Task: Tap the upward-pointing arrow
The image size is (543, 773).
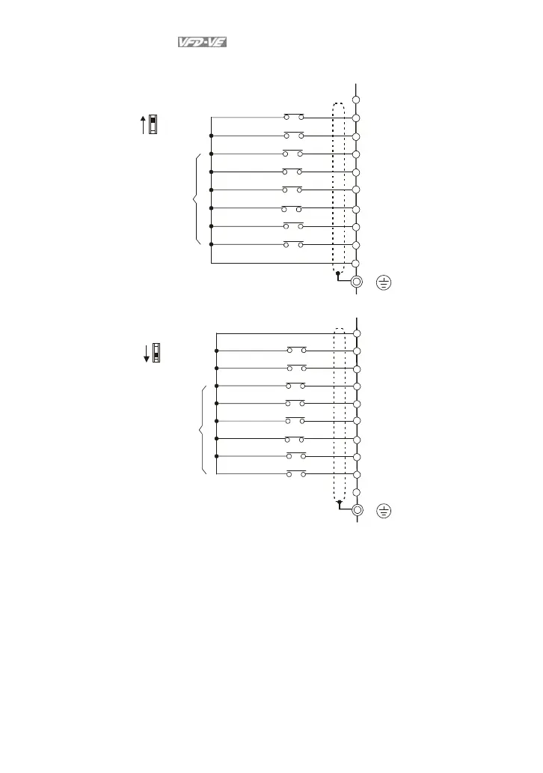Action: click(143, 124)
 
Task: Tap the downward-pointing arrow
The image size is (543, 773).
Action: click(147, 353)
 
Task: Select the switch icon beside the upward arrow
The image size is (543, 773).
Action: click(153, 124)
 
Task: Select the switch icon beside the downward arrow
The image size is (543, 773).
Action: click(157, 352)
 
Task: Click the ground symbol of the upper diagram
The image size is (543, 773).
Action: click(384, 282)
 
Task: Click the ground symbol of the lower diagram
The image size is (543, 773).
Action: click(384, 511)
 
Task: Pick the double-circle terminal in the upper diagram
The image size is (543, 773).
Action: click(357, 282)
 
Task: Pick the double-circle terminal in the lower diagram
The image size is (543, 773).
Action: click(358, 510)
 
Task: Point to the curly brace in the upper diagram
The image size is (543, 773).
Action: click(196, 198)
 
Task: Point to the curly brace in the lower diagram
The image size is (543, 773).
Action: click(202, 429)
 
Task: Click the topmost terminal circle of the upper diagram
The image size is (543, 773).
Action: click(357, 100)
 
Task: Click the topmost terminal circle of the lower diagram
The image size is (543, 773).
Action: click(358, 333)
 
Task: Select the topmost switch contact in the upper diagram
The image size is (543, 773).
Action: click(294, 118)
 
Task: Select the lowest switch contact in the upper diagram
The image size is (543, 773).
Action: click(293, 245)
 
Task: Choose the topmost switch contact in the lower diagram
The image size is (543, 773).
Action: click(297, 350)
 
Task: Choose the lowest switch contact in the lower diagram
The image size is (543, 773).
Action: click(296, 474)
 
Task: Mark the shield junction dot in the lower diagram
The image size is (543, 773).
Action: click(339, 503)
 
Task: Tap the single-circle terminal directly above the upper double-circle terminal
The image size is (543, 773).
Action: click(357, 264)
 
